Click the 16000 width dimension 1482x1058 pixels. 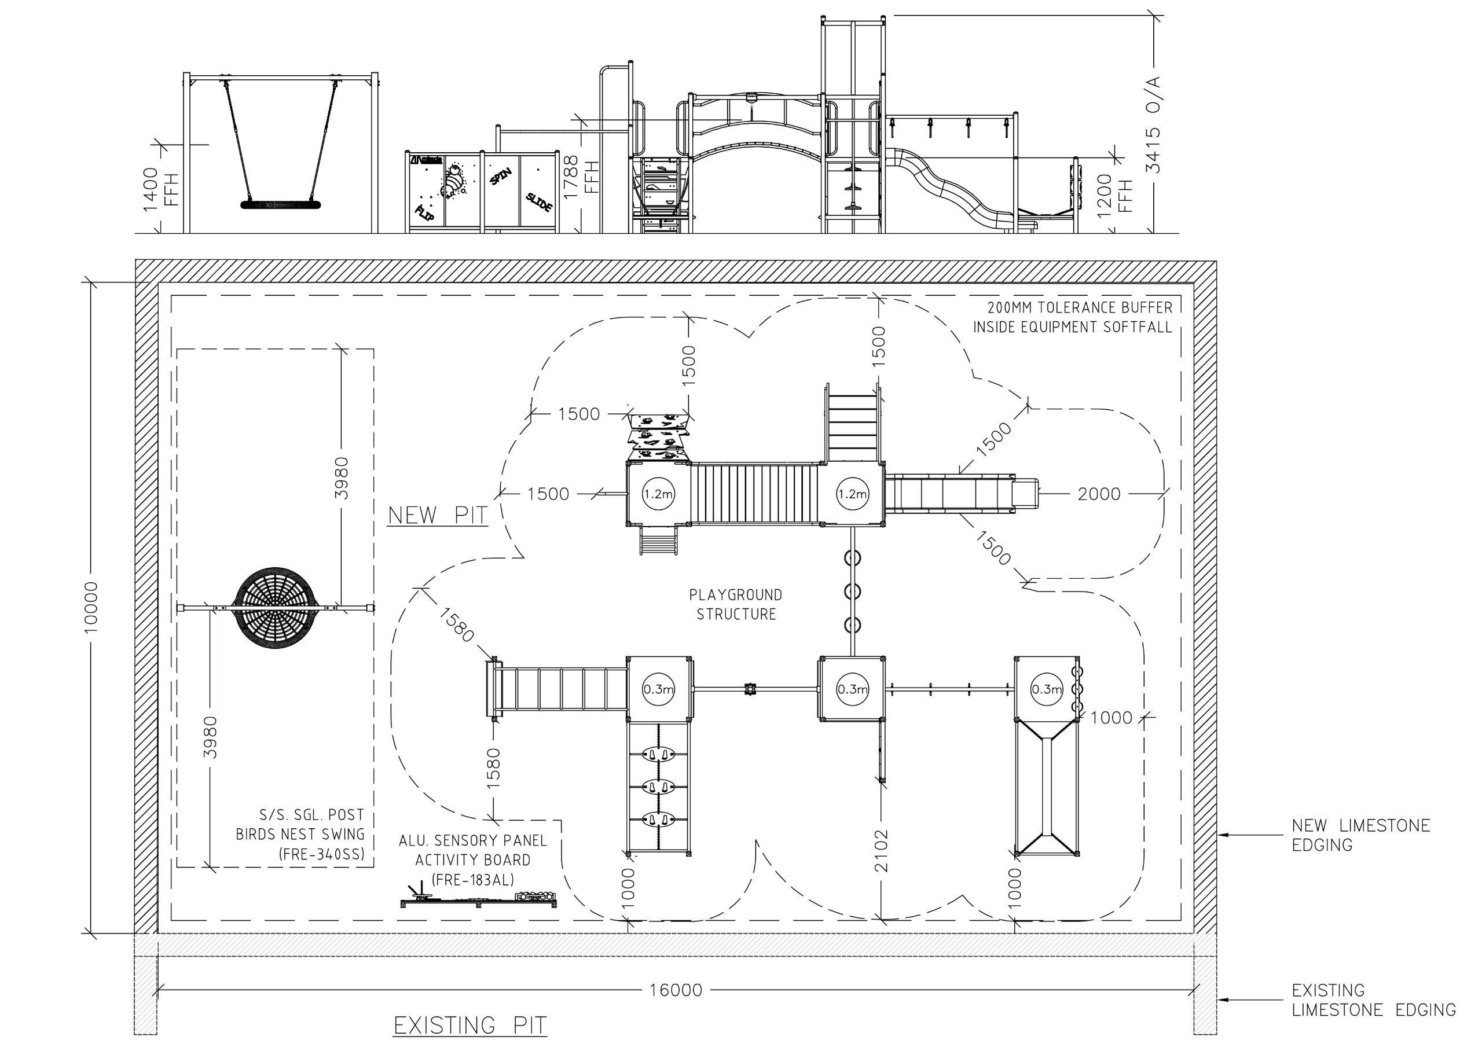[x=676, y=990]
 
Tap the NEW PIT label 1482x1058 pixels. [x=438, y=515]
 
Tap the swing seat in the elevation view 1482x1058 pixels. [x=281, y=204]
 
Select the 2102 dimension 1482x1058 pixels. [x=881, y=850]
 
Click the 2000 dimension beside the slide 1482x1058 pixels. [x=1099, y=494]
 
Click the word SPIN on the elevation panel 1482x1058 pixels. [x=501, y=176]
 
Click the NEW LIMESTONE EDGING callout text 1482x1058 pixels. [x=1361, y=835]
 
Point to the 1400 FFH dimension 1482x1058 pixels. [x=160, y=188]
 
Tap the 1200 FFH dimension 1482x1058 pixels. [x=1114, y=193]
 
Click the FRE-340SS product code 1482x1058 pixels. [x=322, y=854]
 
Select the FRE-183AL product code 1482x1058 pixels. [x=473, y=880]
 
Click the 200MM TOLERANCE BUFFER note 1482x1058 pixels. [x=1073, y=317]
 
